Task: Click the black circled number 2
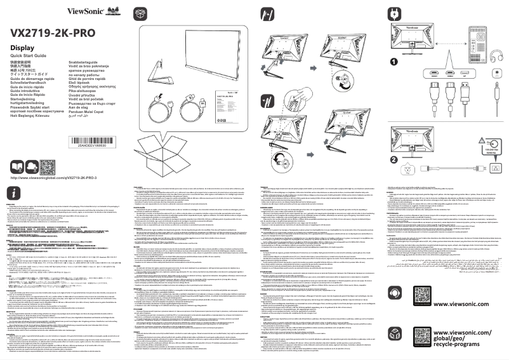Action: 393,160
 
